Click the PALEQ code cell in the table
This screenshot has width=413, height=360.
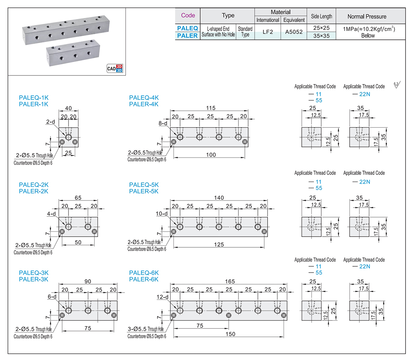188,28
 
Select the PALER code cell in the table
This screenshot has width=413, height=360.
188,36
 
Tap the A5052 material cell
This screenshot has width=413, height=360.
294,32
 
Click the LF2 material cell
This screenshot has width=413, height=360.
268,32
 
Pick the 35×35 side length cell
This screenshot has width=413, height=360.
321,36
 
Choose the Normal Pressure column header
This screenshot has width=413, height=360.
366,16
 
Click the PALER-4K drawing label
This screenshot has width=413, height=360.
144,104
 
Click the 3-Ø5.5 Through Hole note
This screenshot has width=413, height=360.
145,329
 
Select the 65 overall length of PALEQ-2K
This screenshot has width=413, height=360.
78,198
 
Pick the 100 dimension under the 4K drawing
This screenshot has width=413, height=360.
211,155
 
